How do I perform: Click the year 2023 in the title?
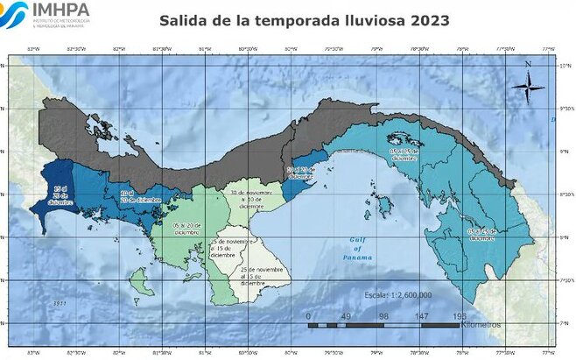[x=429, y=20]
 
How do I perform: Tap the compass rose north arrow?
[x=528, y=82]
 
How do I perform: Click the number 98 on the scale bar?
[x=383, y=315]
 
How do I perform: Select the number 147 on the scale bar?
[x=422, y=315]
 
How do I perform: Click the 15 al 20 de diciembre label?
[x=59, y=196]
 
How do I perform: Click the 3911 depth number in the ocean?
[x=60, y=303]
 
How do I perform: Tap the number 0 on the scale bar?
[x=308, y=315]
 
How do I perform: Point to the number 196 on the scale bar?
[x=460, y=315]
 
